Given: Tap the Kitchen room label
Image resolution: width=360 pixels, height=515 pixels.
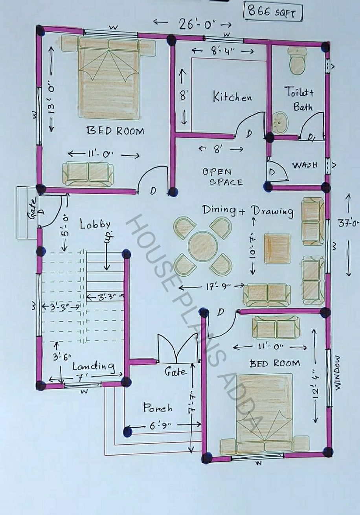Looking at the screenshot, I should coord(232,97).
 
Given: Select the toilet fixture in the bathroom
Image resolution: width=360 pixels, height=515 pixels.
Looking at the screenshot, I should coord(296,61).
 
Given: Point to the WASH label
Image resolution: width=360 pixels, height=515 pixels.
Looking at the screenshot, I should coord(305,165).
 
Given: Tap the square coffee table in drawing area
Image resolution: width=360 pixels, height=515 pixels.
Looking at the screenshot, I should coord(277,248).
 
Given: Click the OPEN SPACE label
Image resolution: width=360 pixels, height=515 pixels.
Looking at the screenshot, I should coord(222,177).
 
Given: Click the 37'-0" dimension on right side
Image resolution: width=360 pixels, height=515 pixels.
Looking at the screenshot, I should coord(349,223).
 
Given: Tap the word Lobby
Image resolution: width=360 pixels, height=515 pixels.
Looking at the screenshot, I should coord(95,225).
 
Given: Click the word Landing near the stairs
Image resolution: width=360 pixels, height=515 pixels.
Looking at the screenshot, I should coord(94,366).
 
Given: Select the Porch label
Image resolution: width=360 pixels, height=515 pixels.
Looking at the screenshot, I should coord(157,408).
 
